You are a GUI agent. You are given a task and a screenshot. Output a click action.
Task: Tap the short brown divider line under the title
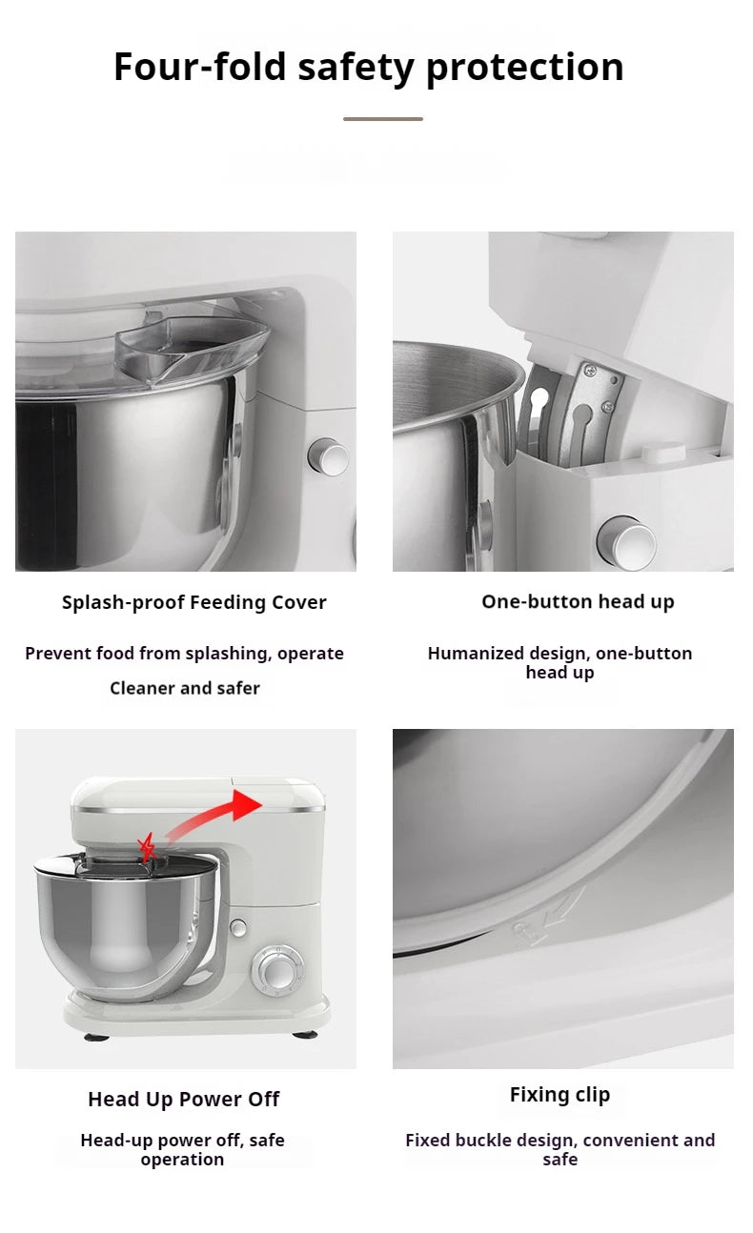click(382, 119)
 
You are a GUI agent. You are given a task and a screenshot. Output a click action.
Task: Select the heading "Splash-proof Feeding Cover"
click(193, 602)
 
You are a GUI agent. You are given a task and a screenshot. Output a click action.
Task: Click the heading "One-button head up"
click(578, 601)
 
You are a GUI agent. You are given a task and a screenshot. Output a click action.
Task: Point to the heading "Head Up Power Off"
click(183, 1099)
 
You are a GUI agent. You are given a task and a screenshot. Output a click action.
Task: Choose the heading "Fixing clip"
click(560, 1095)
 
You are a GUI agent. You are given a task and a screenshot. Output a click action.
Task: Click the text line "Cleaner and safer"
click(184, 688)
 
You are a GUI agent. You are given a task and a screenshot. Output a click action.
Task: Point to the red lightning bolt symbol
click(147, 845)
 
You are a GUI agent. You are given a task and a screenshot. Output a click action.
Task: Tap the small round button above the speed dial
click(238, 927)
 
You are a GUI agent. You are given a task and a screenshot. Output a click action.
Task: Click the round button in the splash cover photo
click(329, 457)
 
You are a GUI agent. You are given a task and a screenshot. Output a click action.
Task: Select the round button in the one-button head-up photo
click(626, 541)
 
